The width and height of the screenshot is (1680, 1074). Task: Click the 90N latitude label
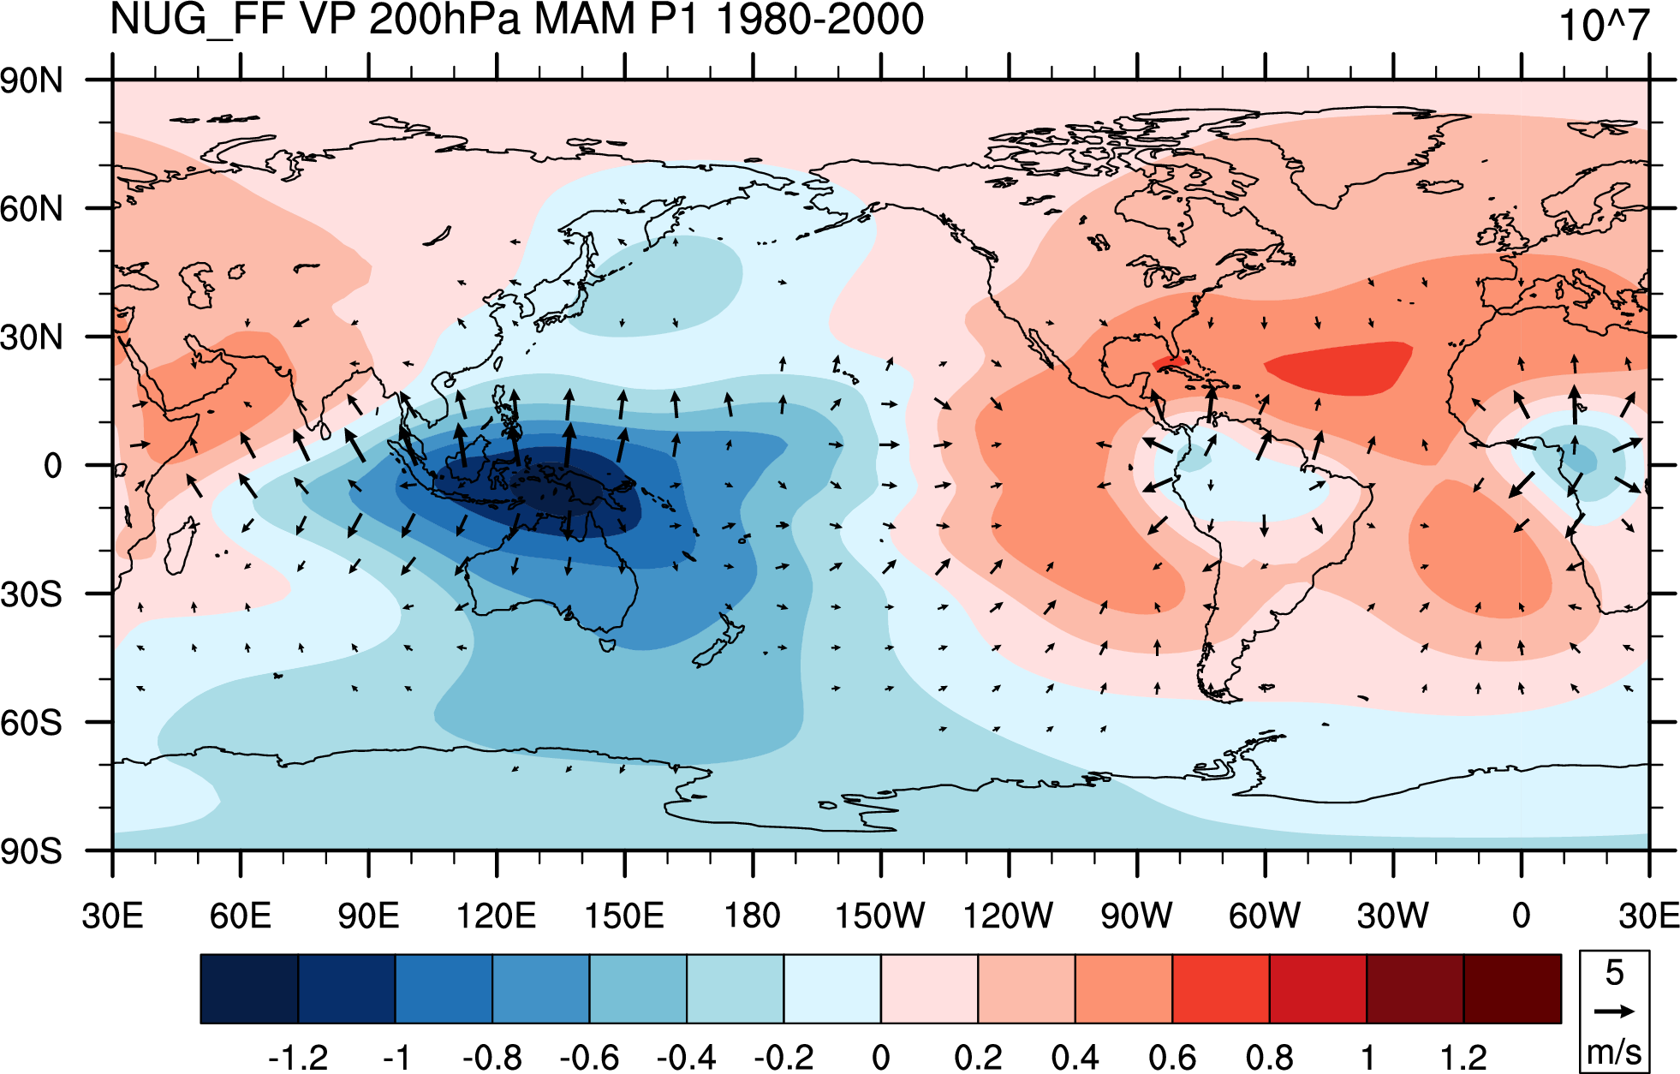(x=32, y=81)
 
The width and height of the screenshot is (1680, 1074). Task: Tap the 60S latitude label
(x=32, y=724)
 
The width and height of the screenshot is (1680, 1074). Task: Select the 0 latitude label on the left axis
(x=53, y=466)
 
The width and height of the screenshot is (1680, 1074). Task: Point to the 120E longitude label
(x=496, y=916)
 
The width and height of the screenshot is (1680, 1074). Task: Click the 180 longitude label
(x=753, y=916)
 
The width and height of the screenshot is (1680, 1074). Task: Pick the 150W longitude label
(x=880, y=916)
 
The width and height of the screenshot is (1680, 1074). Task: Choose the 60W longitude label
(x=1265, y=916)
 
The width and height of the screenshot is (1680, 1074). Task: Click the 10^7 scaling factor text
(x=1604, y=26)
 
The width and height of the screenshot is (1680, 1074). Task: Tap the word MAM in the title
(x=586, y=19)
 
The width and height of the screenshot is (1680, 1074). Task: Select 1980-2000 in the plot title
(x=820, y=19)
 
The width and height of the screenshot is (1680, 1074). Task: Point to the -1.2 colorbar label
(x=298, y=1058)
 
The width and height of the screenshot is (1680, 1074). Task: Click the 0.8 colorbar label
(x=1270, y=1058)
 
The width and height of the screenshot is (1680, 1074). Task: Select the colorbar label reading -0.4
(x=687, y=1058)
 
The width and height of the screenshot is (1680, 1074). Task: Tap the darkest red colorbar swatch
(x=1512, y=989)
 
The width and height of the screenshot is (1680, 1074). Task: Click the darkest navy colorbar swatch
(x=249, y=989)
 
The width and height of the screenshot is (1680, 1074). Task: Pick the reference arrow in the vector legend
(x=1614, y=1011)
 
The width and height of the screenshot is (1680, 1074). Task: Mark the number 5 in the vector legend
(x=1614, y=973)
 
